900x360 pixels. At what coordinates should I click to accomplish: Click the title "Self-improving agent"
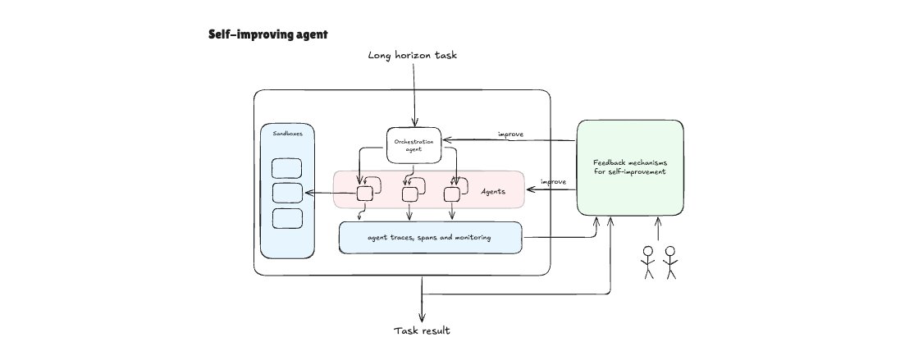pyautogui.click(x=258, y=35)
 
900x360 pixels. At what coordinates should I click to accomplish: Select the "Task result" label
pyautogui.click(x=422, y=330)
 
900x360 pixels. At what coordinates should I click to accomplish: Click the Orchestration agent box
pyautogui.click(x=414, y=145)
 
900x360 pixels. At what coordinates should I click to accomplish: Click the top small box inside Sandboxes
pyautogui.click(x=287, y=168)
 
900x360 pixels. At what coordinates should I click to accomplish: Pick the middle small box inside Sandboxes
pyautogui.click(x=287, y=194)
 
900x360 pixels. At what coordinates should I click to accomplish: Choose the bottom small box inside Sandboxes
pyautogui.click(x=287, y=219)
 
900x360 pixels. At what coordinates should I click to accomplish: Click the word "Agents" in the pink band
pyautogui.click(x=494, y=192)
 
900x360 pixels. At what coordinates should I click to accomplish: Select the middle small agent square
pyautogui.click(x=410, y=194)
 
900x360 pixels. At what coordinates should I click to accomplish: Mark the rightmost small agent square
pyautogui.click(x=451, y=194)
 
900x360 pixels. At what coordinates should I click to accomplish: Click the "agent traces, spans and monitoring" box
pyautogui.click(x=430, y=238)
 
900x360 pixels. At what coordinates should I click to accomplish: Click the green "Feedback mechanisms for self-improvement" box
pyautogui.click(x=629, y=168)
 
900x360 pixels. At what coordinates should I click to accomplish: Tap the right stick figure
pyautogui.click(x=671, y=262)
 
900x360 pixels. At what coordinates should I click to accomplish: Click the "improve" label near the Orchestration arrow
pyautogui.click(x=511, y=134)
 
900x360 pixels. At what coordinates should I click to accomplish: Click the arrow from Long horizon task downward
pyautogui.click(x=414, y=94)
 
